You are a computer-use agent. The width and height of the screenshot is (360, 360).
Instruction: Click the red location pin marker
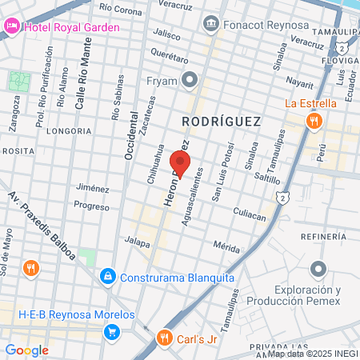pos(179,163)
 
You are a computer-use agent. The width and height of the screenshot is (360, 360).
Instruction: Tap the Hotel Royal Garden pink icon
pos(12,26)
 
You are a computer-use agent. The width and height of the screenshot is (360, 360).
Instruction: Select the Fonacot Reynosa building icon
pos(211,23)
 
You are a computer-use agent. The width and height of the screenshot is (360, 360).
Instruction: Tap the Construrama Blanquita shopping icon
pos(107,277)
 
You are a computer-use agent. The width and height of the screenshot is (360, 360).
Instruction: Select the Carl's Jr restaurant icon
pos(165,337)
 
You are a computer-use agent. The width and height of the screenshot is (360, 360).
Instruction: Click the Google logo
pos(26,350)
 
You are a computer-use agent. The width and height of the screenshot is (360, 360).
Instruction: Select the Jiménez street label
pos(92,188)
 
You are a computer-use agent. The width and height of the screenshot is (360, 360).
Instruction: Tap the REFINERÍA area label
pos(323,237)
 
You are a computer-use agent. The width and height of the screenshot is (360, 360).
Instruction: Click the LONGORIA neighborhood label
pos(70,130)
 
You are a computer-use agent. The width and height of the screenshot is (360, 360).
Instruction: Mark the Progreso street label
pos(90,206)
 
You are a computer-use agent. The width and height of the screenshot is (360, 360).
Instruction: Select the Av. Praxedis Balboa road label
pos(42,226)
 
